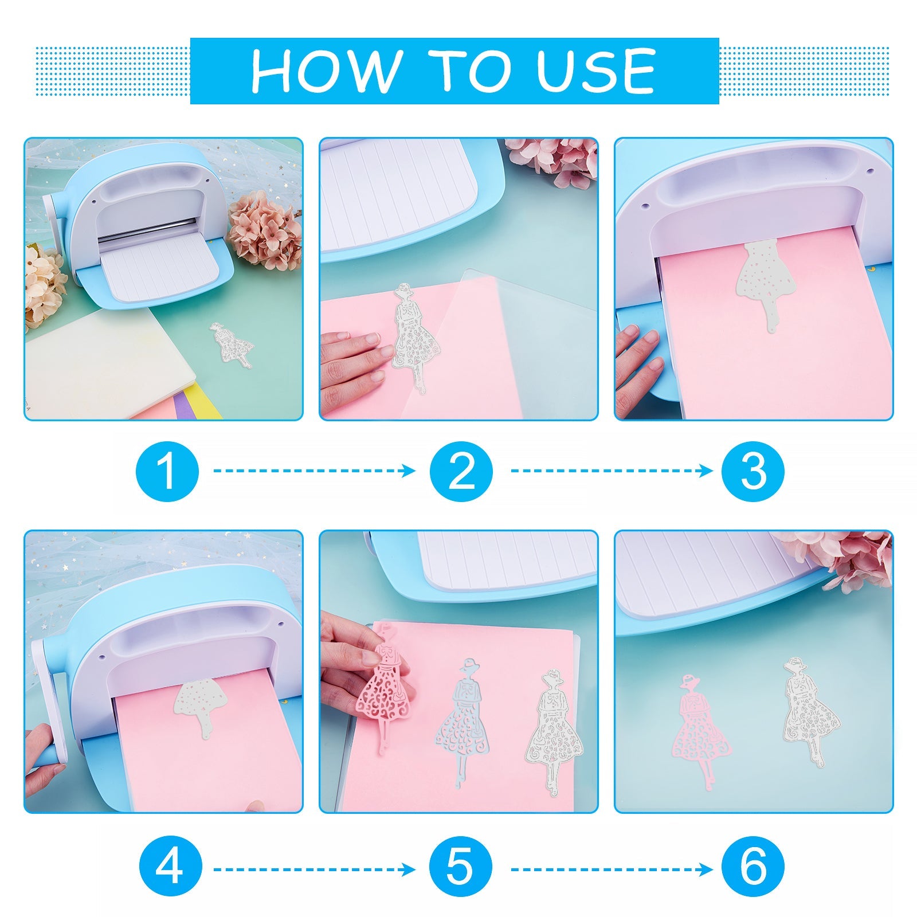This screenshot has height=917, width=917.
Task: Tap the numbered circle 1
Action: [x=167, y=471]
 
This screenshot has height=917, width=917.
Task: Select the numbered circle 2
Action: [x=461, y=471]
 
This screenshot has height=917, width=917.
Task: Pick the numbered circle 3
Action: [x=753, y=471]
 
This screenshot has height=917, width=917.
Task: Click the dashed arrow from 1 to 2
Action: [x=315, y=471]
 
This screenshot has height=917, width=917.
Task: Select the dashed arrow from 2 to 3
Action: [x=612, y=471]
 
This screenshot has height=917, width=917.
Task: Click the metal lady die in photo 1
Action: [x=232, y=346]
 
